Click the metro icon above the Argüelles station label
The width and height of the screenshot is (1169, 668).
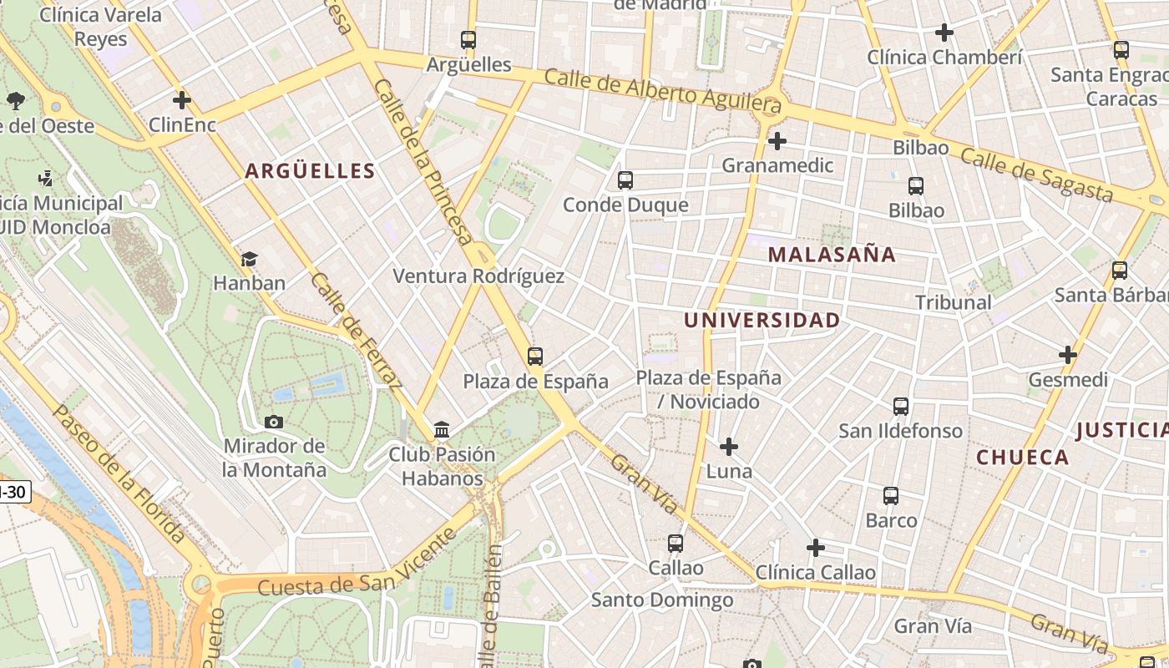(468, 39)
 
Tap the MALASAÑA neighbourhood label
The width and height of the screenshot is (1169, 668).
(832, 255)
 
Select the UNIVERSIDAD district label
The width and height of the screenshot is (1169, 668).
(762, 320)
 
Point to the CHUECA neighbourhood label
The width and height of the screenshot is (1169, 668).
(1022, 457)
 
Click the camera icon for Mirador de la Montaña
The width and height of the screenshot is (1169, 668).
(274, 422)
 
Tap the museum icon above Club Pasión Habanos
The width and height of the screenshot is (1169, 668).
(442, 430)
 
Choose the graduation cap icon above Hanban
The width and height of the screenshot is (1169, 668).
(249, 259)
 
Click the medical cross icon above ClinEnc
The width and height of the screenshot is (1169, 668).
(182, 100)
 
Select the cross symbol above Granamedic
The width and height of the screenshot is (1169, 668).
(777, 141)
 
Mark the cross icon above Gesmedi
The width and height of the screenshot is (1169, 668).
(1068, 355)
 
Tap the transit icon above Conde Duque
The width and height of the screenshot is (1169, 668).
(625, 180)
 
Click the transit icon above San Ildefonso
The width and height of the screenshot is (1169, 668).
(901, 407)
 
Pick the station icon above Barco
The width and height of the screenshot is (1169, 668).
(891, 496)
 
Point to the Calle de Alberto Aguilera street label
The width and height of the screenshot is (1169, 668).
(663, 90)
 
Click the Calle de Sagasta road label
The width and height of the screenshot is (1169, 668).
(1036, 175)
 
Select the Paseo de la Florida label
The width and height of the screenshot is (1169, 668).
(118, 473)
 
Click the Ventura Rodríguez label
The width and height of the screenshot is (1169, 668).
(478, 276)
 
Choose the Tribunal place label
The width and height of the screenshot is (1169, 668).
(953, 302)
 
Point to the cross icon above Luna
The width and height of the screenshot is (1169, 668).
(729, 447)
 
